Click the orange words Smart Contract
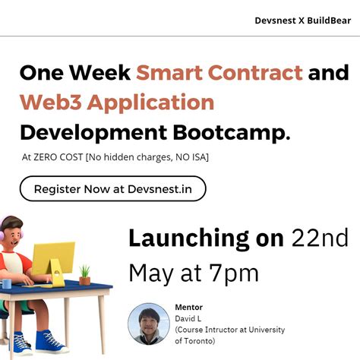click(x=219, y=74)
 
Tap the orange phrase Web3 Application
click(x=116, y=102)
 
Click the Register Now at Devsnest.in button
click(x=112, y=188)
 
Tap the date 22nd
click(x=320, y=238)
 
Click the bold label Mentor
click(x=188, y=307)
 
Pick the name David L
click(x=189, y=318)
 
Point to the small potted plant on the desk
click(x=84, y=273)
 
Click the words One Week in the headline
click(x=74, y=74)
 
